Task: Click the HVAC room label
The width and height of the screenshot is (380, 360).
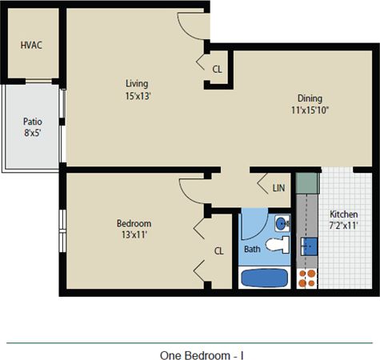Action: coord(31,45)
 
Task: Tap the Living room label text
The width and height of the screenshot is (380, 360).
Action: coord(137,83)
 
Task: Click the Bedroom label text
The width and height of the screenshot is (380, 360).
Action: coord(134,223)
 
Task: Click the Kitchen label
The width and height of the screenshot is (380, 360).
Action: coord(344,215)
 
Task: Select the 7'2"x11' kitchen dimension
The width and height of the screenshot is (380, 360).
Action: coord(344,226)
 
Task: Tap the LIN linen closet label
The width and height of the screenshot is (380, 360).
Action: coord(278,188)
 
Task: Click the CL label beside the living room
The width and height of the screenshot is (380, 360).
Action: coord(217,69)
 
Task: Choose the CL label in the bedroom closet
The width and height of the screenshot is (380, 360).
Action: coord(218,250)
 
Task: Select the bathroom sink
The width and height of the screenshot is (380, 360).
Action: coord(281,222)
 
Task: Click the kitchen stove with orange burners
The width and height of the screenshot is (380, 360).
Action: coord(306,277)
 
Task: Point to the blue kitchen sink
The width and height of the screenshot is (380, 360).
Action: coord(307,245)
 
